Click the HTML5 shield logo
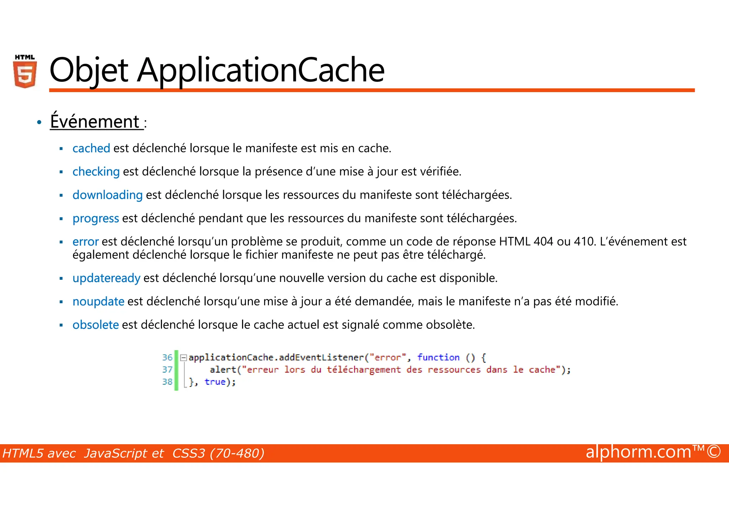point(25,72)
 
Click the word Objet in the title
point(89,70)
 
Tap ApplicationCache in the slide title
point(261,70)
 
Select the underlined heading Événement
point(95,122)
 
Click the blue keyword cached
point(91,148)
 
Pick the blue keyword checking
point(96,172)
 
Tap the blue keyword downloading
point(107,195)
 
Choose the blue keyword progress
point(95,219)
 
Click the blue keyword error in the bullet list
point(85,242)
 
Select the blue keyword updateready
point(106,278)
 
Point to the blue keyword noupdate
point(98,301)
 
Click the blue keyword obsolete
point(95,325)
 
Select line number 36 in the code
point(167,357)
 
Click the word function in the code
point(438,357)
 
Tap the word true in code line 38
point(215,382)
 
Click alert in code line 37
point(223,370)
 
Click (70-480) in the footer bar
point(237,453)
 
